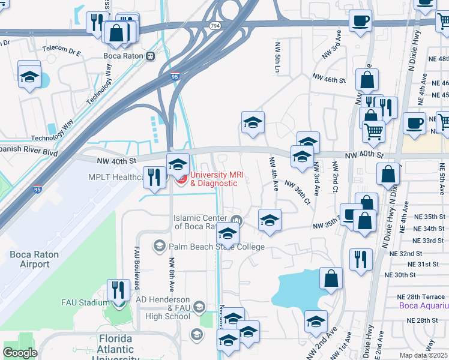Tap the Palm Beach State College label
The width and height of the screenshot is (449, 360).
point(216,247)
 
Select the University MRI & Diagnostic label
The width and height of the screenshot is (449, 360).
point(214,179)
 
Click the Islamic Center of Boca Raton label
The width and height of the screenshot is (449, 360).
point(199,222)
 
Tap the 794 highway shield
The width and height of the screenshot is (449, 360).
point(215,26)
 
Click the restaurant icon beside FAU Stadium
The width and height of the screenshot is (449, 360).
point(118,290)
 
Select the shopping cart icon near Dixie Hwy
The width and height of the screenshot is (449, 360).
point(374,131)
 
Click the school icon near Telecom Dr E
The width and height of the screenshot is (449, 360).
point(29,76)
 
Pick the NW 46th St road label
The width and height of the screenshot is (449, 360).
point(329,79)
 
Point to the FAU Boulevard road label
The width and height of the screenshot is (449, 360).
point(137,268)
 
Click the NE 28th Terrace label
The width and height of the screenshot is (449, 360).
point(421,296)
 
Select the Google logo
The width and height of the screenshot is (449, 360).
point(20,353)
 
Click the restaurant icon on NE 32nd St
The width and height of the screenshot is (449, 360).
point(360,259)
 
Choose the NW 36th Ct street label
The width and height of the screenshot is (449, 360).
point(297,192)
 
